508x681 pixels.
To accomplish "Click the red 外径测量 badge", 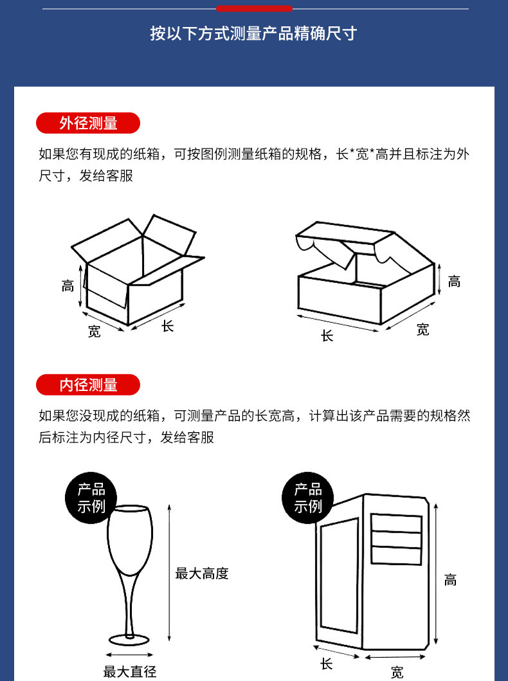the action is tap(88, 123).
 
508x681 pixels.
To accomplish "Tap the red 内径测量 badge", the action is tap(88, 385).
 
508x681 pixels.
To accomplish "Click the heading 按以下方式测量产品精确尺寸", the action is tap(253, 33).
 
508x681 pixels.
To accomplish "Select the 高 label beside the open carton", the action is tap(68, 286).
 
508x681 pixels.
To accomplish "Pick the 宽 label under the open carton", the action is tap(95, 331).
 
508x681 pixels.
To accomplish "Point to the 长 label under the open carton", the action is tap(168, 326).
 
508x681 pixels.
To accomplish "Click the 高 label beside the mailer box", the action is tap(454, 282).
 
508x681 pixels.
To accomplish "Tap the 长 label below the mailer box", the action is tap(327, 335).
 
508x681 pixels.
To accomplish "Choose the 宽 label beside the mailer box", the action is tap(423, 330).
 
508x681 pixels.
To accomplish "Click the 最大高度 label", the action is tap(202, 574).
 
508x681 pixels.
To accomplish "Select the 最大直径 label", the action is tap(130, 672).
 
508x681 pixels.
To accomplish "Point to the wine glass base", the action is tap(129, 640).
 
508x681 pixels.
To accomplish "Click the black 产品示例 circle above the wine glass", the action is tap(91, 498).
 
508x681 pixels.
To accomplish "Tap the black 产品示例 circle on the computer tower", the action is tap(308, 498).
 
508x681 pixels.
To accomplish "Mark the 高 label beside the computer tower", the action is tap(450, 580).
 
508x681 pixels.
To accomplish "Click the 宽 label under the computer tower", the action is tap(397, 672).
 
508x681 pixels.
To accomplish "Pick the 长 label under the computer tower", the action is tap(327, 664).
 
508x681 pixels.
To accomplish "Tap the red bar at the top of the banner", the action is tap(254, 8).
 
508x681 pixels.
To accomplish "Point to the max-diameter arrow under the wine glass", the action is tap(129, 655).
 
